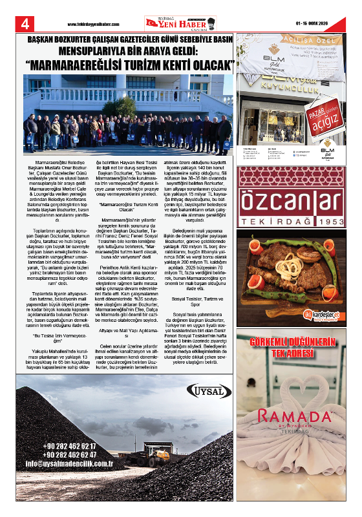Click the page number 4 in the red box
click(x=26, y=24)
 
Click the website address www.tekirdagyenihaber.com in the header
click(x=93, y=25)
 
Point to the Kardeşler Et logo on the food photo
click(x=323, y=315)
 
